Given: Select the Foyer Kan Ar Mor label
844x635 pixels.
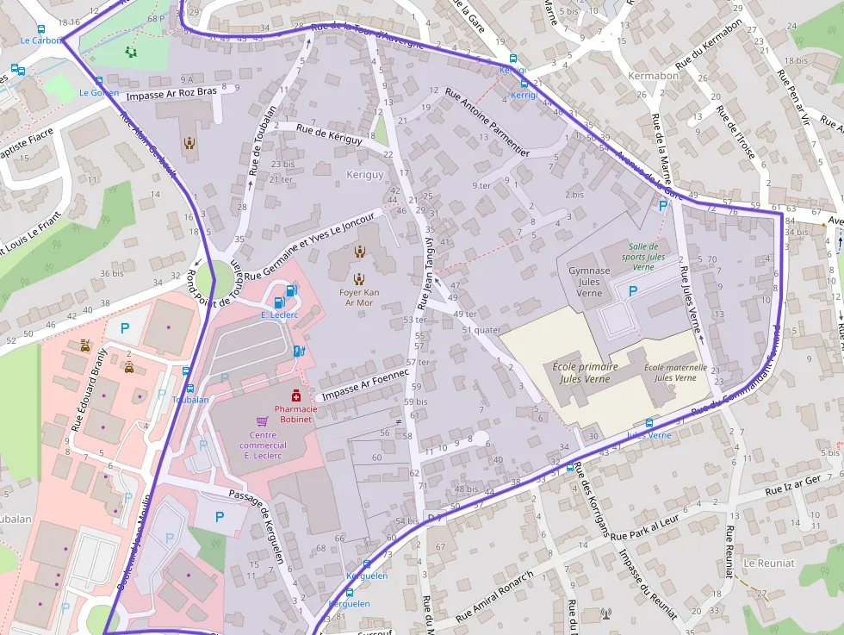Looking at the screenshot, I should [x=359, y=297].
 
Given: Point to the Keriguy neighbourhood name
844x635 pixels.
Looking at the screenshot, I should [x=364, y=175].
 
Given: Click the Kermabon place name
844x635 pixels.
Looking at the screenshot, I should [x=653, y=76].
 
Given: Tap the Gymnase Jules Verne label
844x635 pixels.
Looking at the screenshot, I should [x=589, y=282].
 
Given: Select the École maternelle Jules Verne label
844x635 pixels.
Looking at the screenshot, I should [x=675, y=372].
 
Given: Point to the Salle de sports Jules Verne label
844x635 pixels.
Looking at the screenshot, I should [x=643, y=256].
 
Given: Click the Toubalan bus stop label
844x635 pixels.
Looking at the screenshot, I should [x=190, y=400].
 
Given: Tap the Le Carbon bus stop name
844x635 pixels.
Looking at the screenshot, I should [x=40, y=40].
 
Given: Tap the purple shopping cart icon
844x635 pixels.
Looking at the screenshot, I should [x=262, y=420].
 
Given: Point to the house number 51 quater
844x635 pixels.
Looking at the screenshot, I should [x=481, y=329].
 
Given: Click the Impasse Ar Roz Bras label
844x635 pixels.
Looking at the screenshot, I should [x=171, y=93].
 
